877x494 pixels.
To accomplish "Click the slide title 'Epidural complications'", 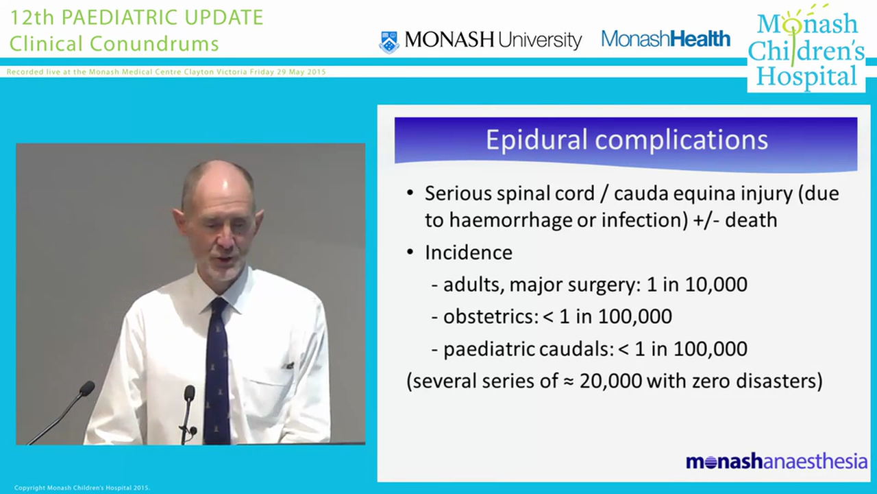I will click(x=626, y=140).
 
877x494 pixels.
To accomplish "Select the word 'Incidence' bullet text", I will click(x=469, y=252).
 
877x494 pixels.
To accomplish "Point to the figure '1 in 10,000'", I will click(x=697, y=284).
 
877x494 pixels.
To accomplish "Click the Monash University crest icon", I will click(x=389, y=41).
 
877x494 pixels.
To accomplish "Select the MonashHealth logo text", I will click(x=665, y=39).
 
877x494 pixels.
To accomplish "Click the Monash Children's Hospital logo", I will click(x=806, y=51).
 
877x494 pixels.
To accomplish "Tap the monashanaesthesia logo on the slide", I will click(x=776, y=462).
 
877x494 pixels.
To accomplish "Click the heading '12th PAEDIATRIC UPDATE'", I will click(x=136, y=18).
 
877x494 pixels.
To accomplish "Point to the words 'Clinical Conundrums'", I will click(x=114, y=44).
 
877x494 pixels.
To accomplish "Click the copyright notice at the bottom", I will click(x=82, y=489).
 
